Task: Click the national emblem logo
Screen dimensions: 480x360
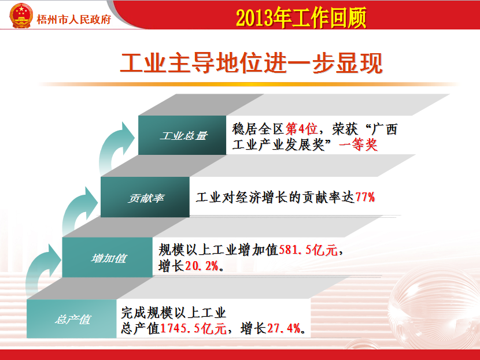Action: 21,16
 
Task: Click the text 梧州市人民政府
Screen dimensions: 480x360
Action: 74,20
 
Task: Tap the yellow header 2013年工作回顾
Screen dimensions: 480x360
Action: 301,18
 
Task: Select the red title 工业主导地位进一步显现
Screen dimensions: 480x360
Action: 251,63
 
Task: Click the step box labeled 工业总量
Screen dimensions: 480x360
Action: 182,135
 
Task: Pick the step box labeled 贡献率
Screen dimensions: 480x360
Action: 145,197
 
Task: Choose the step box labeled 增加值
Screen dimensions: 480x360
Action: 108,258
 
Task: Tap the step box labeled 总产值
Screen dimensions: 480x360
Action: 72,319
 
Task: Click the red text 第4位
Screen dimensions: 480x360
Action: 301,129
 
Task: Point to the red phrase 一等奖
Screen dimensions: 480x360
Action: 358,144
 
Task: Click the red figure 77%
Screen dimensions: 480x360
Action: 365,197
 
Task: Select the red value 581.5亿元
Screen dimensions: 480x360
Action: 308,250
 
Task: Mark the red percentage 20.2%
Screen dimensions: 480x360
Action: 201,266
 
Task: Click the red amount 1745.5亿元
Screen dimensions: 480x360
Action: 193,328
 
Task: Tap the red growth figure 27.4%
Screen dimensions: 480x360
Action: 283,328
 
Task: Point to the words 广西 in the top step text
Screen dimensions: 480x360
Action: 384,129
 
